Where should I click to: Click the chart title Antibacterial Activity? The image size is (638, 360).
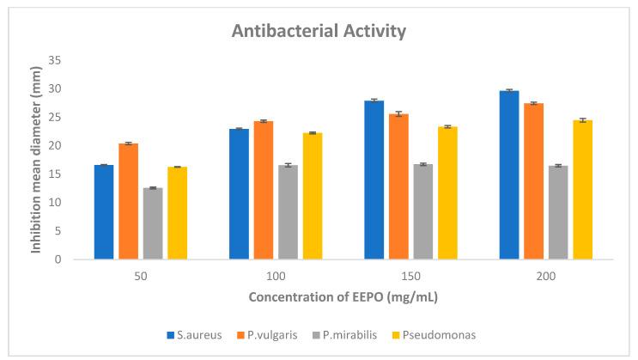point(319,32)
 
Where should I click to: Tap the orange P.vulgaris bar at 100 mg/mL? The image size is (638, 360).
point(264,190)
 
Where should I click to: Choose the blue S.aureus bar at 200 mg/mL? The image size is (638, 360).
point(509,174)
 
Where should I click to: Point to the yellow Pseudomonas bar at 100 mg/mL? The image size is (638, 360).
point(313,196)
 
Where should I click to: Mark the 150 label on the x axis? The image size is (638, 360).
point(410,276)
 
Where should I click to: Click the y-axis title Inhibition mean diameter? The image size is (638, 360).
point(38,159)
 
